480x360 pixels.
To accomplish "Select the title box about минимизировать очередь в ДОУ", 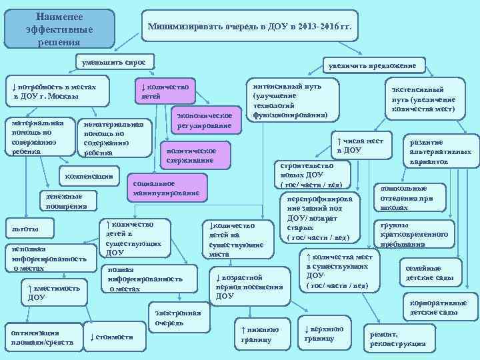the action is [x=254, y=28].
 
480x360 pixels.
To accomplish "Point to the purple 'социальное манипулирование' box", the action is [x=166, y=188].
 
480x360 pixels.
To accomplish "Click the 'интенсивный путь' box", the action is [x=291, y=101].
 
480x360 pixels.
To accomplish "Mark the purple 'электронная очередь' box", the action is [x=177, y=318].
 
